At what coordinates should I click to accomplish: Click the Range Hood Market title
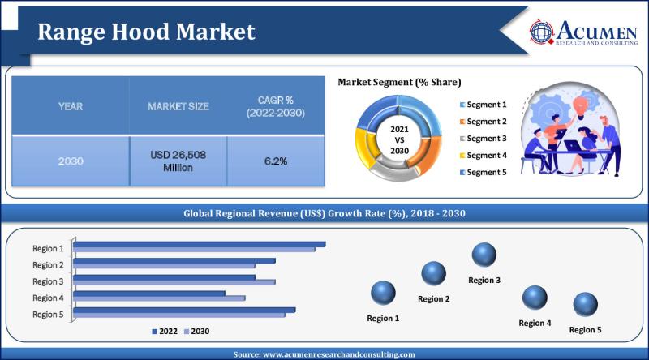[147, 31]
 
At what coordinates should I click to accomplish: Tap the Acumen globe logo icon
[543, 31]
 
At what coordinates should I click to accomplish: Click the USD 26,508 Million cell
[178, 161]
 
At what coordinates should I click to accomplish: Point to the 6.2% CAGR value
[275, 161]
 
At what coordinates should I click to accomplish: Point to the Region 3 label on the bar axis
[48, 281]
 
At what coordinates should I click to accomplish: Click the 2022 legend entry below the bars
[163, 331]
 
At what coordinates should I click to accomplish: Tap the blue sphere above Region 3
[484, 255]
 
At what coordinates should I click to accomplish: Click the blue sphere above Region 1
[383, 293]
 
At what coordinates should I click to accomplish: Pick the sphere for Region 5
[585, 306]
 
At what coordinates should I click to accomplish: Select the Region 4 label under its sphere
[535, 324]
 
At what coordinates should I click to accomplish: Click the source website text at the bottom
[324, 354]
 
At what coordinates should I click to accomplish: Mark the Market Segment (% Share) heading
[399, 82]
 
